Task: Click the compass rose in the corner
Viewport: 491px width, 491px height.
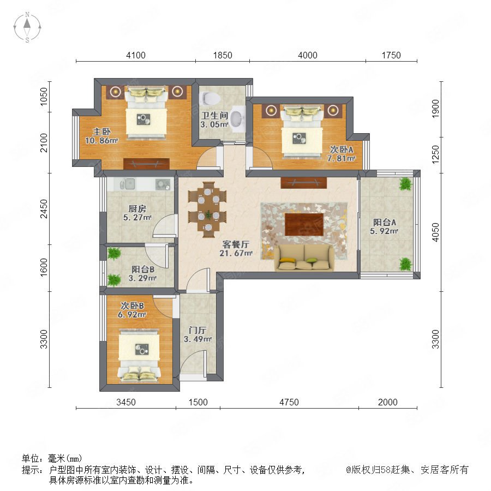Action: point(27,27)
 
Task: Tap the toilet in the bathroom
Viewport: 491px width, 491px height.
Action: point(209,98)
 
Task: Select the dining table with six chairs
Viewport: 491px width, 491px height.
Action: point(208,209)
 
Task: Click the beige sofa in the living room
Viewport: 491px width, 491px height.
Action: point(304,258)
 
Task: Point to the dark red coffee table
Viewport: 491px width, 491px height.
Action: point(304,224)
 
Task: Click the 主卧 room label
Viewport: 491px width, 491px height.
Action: point(101,132)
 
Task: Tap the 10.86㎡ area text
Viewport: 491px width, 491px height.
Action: point(101,141)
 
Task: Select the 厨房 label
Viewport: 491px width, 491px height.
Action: point(137,208)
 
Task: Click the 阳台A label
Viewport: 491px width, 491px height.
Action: point(384,223)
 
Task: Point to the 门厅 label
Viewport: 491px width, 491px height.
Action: point(197,330)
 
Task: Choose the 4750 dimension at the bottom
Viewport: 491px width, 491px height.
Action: point(289,402)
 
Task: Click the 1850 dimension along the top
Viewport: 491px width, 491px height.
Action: point(223,56)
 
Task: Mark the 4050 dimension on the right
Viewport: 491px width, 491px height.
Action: point(435,232)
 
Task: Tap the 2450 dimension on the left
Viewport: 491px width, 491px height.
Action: point(44,209)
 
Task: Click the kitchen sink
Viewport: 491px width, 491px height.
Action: point(127,184)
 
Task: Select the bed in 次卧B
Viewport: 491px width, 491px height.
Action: point(139,355)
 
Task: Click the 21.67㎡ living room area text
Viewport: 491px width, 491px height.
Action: point(236,253)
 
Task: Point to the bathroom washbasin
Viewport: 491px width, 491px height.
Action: point(237,118)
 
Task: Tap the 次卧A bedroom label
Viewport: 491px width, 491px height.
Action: point(342,149)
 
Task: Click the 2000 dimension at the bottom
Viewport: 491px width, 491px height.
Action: point(388,402)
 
